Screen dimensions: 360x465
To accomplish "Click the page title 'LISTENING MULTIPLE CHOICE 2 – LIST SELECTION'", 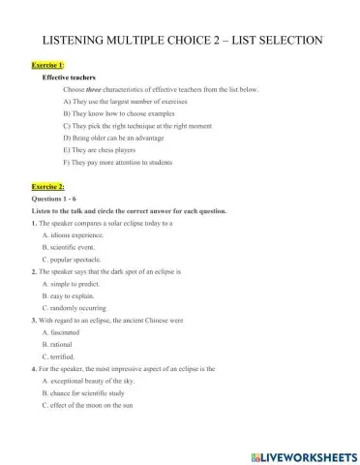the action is click(x=179, y=40).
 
